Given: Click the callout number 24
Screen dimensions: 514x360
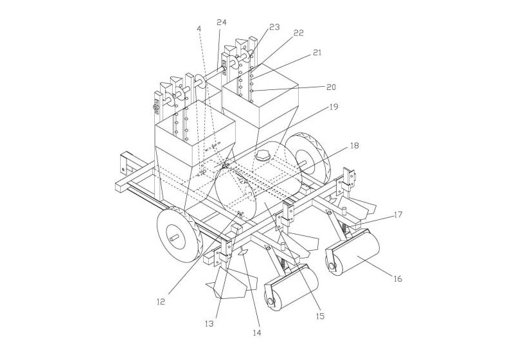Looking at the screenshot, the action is click(222, 22).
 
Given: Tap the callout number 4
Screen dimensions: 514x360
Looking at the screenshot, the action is click(199, 28).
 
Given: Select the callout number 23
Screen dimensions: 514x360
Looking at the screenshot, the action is click(274, 27).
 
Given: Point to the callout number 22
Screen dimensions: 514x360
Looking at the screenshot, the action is click(298, 33).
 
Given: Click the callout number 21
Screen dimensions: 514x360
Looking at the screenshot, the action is click(317, 52).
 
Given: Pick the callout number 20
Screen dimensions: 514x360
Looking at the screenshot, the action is click(331, 87).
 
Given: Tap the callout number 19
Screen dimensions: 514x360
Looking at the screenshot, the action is click(333, 107).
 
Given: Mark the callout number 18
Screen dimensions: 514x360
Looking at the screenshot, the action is click(354, 145).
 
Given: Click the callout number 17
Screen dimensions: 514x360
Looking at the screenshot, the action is click(398, 215).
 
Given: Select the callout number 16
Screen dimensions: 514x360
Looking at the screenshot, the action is click(397, 279).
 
